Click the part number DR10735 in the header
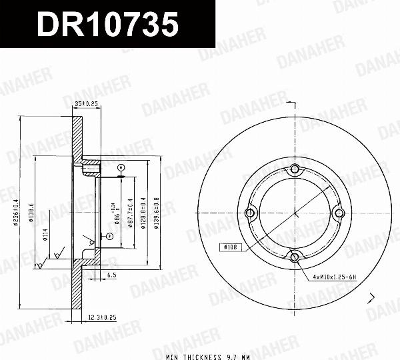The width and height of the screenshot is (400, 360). pyautogui.click(x=107, y=25)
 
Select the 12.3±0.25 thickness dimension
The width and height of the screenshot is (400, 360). pyautogui.click(x=102, y=317)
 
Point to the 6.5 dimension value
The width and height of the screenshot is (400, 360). pyautogui.click(x=111, y=274)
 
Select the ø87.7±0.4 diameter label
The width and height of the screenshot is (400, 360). pyautogui.click(x=131, y=213)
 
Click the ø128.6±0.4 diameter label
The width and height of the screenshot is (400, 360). pyautogui.click(x=143, y=213)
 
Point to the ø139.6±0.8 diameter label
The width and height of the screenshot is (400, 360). pyautogui.click(x=156, y=213)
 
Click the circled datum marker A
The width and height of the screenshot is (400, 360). pyautogui.click(x=121, y=167)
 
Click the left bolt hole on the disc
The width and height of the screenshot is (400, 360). pyautogui.click(x=251, y=213)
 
